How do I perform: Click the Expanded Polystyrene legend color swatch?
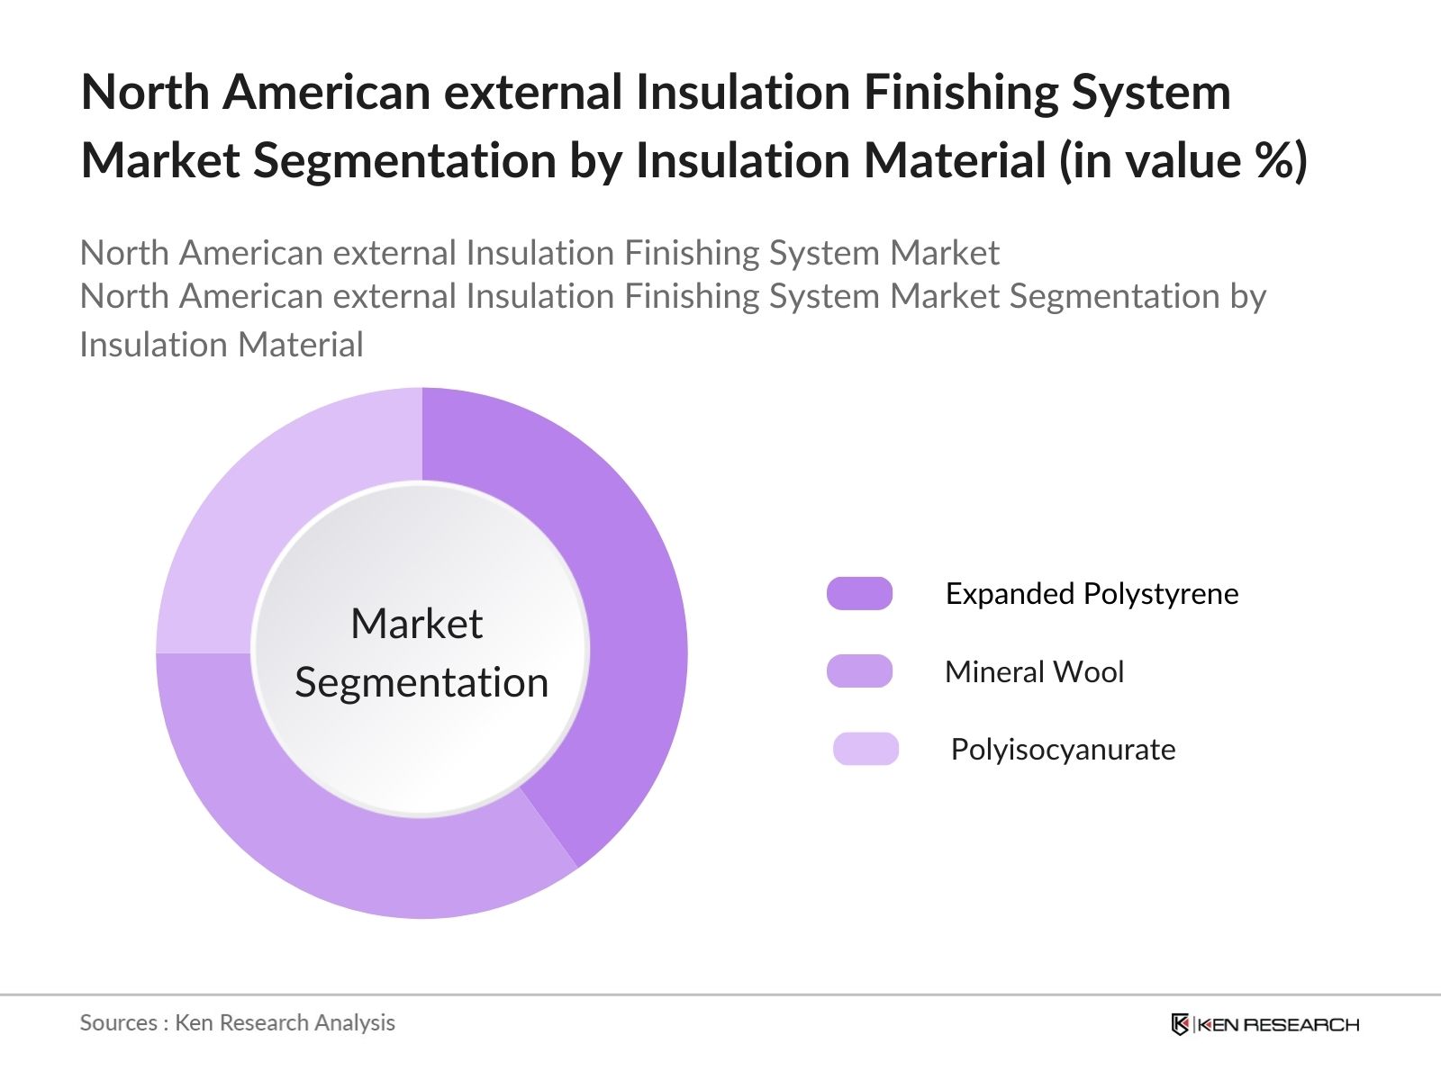859,593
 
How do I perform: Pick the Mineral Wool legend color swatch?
859,670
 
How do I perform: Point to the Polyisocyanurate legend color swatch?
866,749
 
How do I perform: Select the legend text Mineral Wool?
1035,672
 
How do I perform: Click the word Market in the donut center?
417,623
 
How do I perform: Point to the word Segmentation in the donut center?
421,683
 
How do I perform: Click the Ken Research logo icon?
1180,1024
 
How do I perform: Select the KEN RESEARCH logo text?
1278,1025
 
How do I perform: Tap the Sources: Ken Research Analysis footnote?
237,1022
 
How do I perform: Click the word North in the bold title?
145,92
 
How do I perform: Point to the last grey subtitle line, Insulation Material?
222,345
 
